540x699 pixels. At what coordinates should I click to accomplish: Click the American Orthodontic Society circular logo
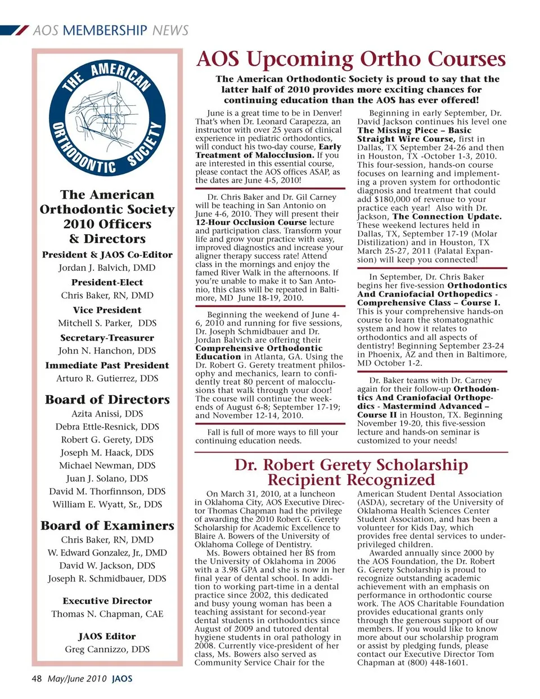click(107, 118)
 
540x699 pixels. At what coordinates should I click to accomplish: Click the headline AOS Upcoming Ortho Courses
click(351, 59)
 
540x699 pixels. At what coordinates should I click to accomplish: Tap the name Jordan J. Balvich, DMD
click(107, 268)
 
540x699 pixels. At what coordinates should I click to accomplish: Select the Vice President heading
click(107, 310)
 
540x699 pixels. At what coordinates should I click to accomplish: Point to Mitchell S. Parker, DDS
click(107, 323)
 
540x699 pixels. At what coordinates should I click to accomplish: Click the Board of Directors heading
click(107, 400)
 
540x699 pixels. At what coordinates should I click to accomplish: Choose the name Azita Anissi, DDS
click(107, 414)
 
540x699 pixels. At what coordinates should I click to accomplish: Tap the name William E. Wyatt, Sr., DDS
click(107, 504)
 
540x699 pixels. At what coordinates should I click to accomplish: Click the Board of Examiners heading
click(107, 526)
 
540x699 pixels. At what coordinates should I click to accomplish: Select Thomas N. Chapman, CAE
click(107, 614)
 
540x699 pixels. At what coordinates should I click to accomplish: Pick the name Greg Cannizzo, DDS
click(107, 649)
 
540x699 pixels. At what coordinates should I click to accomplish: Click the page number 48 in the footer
click(37, 679)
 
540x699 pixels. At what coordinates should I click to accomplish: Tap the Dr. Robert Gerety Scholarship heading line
click(351, 465)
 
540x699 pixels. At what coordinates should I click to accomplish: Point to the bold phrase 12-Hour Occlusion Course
click(251, 222)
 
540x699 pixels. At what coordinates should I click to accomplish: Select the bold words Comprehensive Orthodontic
click(251, 348)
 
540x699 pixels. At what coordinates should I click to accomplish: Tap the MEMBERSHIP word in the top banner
click(105, 30)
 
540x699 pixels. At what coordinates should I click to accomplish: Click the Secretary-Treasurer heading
click(107, 338)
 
